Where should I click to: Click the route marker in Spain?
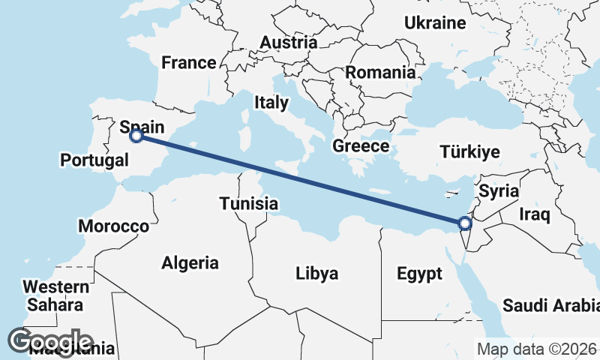(x=136, y=136)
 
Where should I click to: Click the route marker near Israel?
(x=464, y=223)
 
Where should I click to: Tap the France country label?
(x=189, y=62)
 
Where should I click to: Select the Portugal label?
(x=94, y=160)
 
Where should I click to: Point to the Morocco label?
(x=113, y=226)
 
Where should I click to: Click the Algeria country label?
(x=190, y=262)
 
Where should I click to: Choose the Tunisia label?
(x=249, y=203)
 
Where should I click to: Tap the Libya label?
(x=316, y=272)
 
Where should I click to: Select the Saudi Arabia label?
(x=550, y=305)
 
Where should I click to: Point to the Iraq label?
(x=535, y=216)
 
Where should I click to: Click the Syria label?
(x=499, y=191)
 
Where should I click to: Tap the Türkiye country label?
(x=469, y=152)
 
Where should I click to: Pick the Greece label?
(x=361, y=145)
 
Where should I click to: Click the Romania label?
(x=380, y=73)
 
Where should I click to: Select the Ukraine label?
(x=436, y=23)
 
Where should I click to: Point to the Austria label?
(x=289, y=43)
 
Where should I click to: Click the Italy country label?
(x=271, y=102)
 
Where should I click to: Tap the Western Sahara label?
(x=55, y=295)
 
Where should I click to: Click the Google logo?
(x=49, y=341)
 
